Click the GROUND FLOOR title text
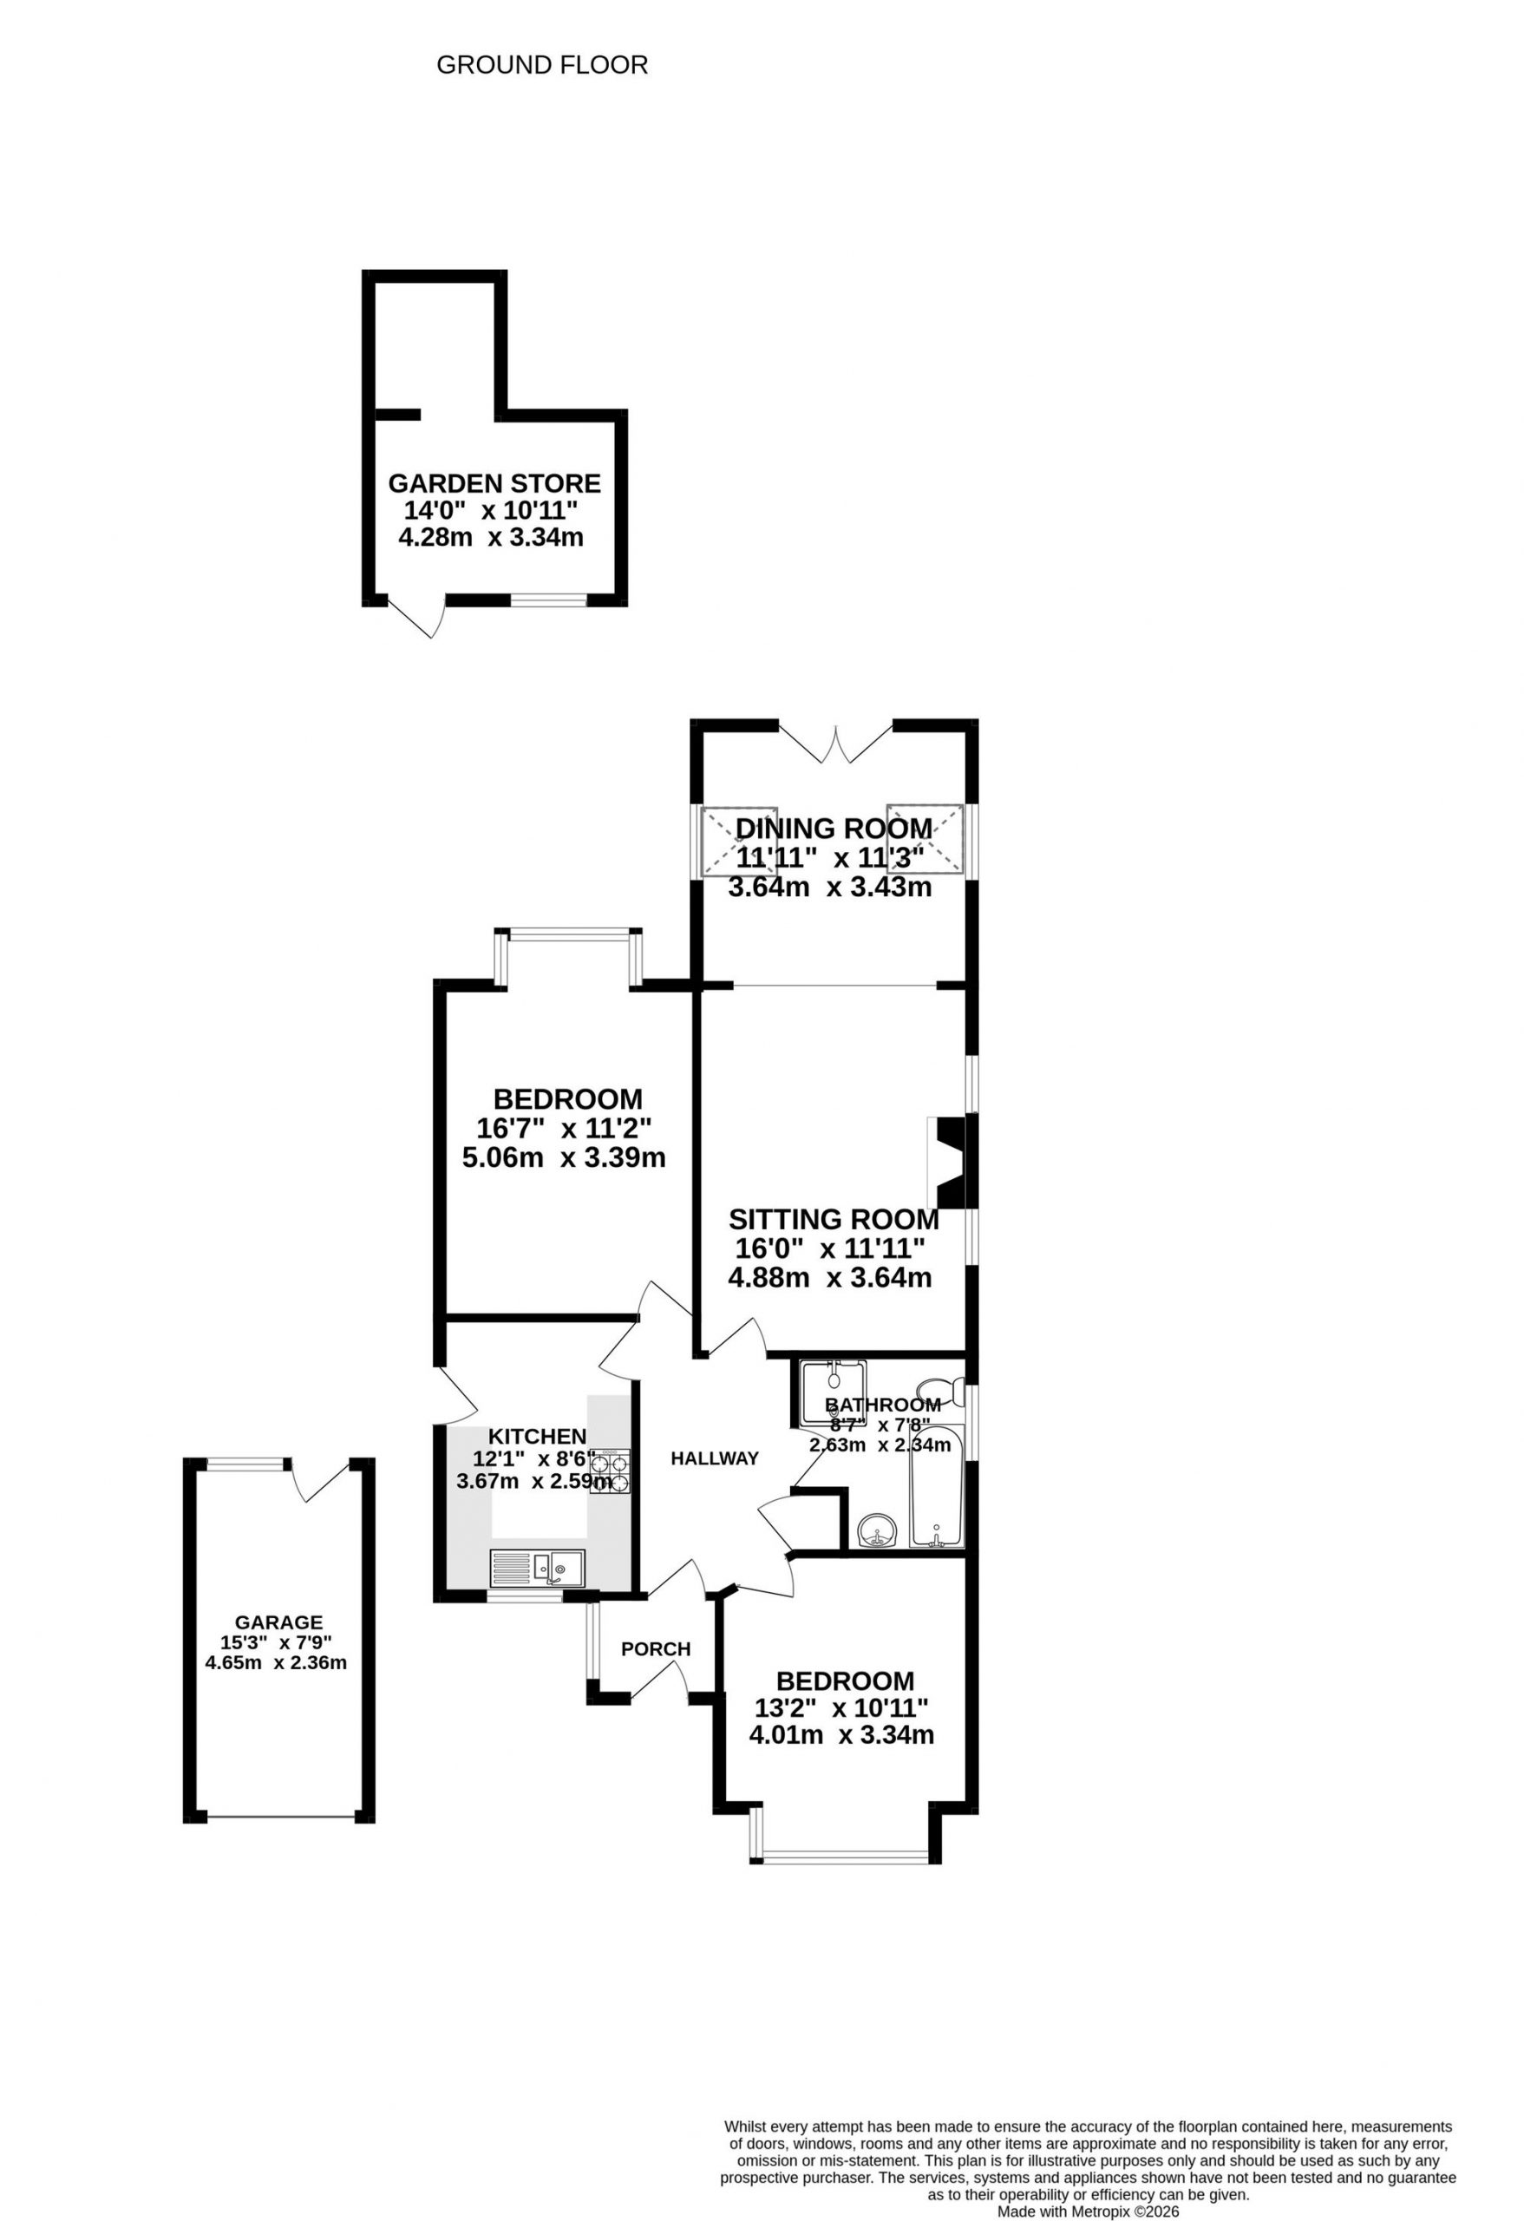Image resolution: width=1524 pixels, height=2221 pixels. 542,65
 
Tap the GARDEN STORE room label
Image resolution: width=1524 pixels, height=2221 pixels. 494,483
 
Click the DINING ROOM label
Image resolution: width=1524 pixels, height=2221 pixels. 834,829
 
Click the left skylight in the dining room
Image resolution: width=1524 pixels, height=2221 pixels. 740,842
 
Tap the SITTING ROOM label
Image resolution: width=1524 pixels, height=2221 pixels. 834,1220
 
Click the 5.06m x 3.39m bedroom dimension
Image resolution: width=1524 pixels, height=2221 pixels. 564,1158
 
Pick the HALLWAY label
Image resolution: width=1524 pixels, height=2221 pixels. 715,1458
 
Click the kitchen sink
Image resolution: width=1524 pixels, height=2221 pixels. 538,1569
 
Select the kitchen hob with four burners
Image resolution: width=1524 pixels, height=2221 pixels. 610,1471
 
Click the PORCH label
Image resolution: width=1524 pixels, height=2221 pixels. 656,1649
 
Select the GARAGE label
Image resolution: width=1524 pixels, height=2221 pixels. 279,1622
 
